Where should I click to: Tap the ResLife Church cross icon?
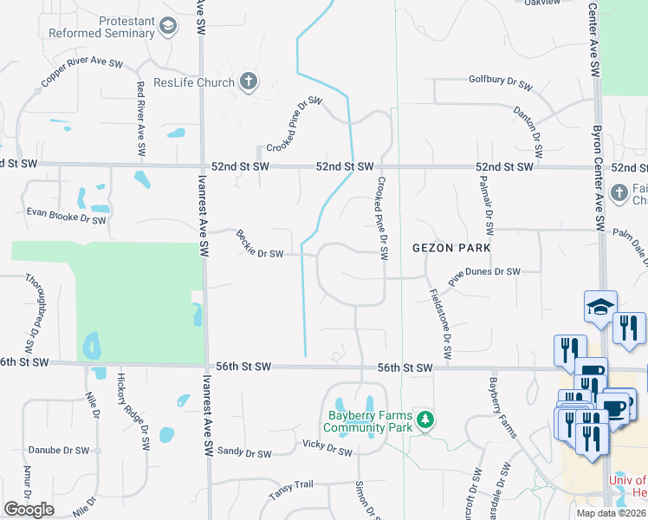tap(249, 82)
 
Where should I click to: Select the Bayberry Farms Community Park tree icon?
tap(424, 420)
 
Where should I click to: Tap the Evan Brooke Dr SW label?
tap(65, 216)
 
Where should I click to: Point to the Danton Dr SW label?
tap(528, 129)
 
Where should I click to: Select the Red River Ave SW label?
tap(139, 110)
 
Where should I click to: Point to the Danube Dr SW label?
tap(58, 451)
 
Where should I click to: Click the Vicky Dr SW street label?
tap(327, 447)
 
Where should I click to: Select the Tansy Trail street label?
tap(288, 492)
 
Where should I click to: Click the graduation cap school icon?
tap(600, 306)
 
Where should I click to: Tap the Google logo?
tap(29, 510)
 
